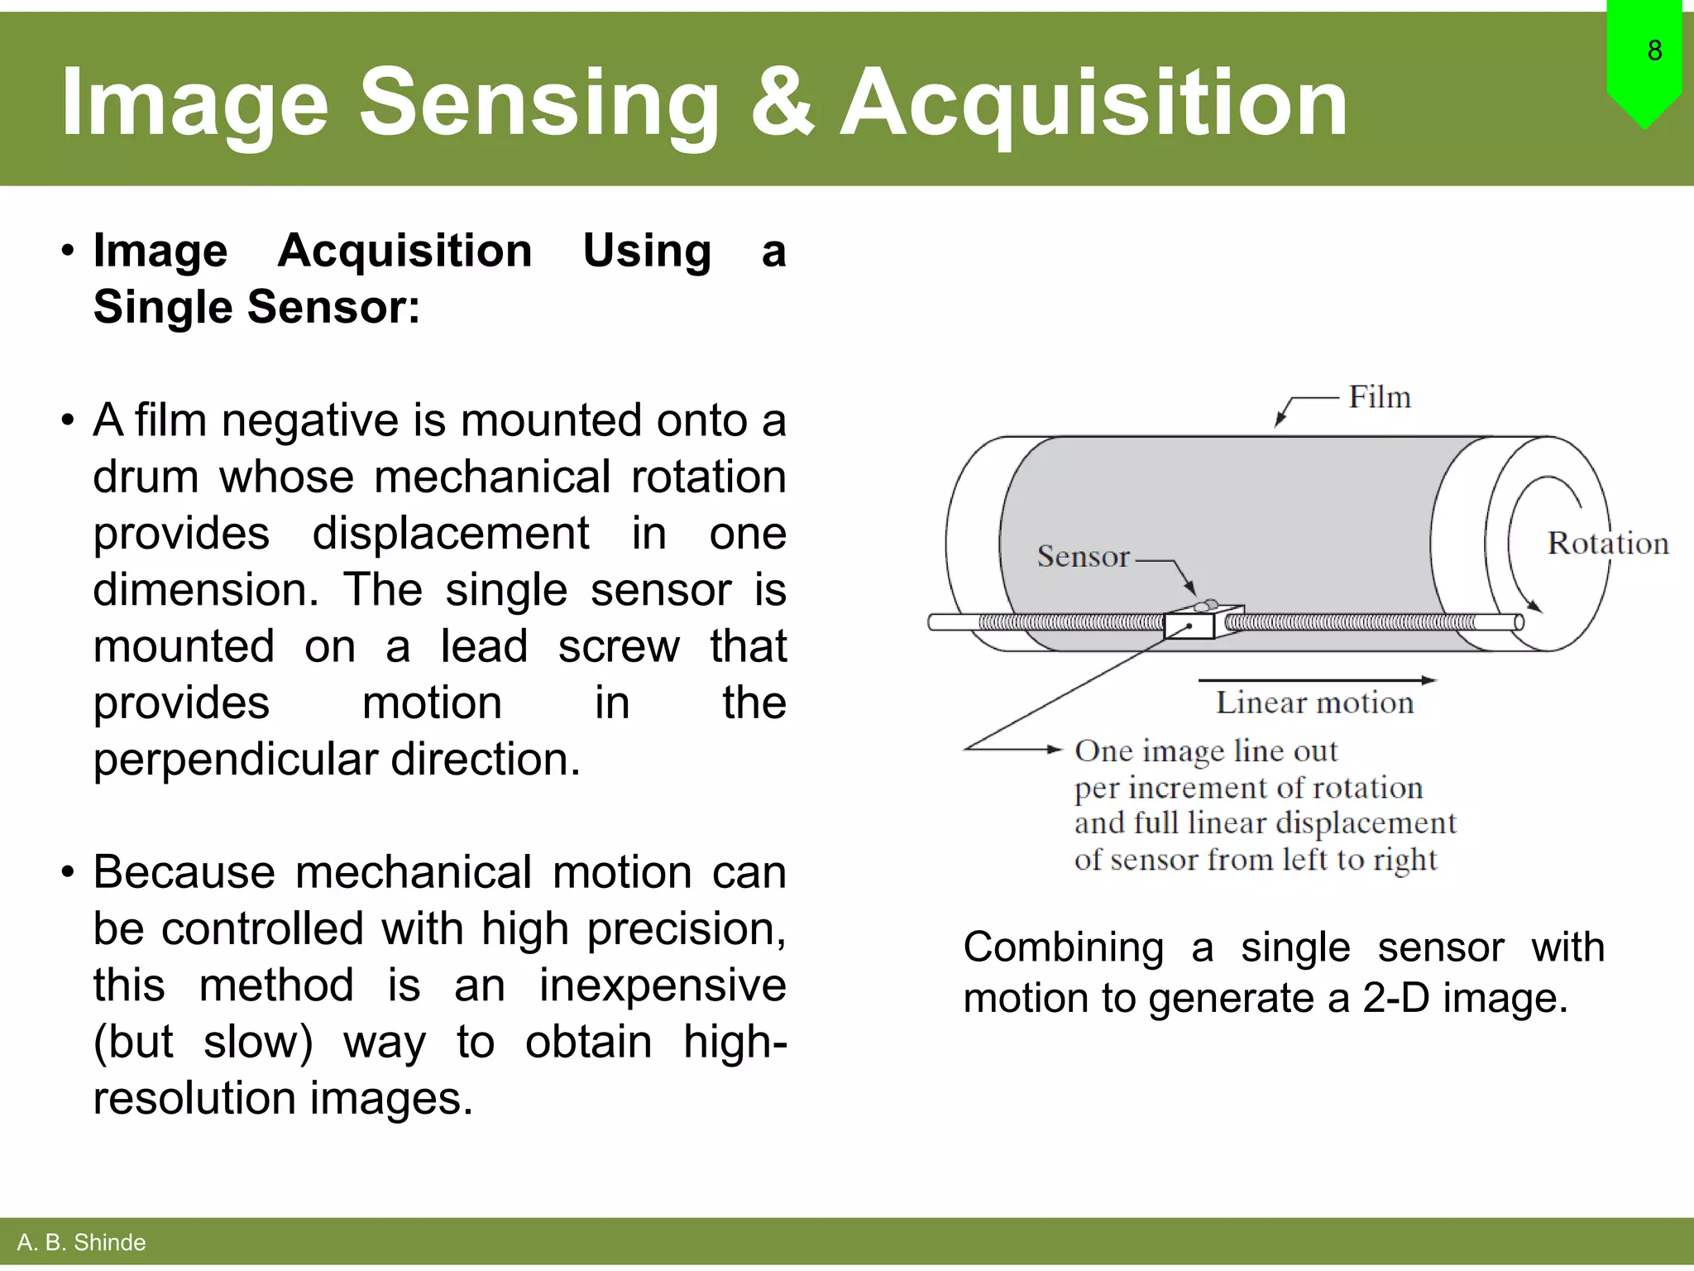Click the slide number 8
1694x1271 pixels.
[x=1654, y=51]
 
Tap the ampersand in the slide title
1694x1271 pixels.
[x=781, y=103]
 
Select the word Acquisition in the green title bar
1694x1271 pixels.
[x=1093, y=103]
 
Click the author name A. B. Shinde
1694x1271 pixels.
[x=81, y=1242]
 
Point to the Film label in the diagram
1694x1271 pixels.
[x=1379, y=397]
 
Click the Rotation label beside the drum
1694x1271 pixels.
[x=1607, y=544]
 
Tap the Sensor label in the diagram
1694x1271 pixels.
[x=1083, y=557]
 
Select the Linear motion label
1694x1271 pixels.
[x=1314, y=703]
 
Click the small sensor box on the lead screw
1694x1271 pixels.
[x=1190, y=625]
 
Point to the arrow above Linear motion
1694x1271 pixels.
[x=1317, y=681]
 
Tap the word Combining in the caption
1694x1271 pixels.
[x=1064, y=947]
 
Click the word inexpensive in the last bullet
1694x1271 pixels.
[x=663, y=986]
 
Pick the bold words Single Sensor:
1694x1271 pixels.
[x=256, y=307]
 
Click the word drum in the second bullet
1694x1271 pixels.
[x=145, y=477]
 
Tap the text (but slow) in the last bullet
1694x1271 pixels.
[x=203, y=1042]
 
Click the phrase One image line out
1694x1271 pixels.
[x=1205, y=751]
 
